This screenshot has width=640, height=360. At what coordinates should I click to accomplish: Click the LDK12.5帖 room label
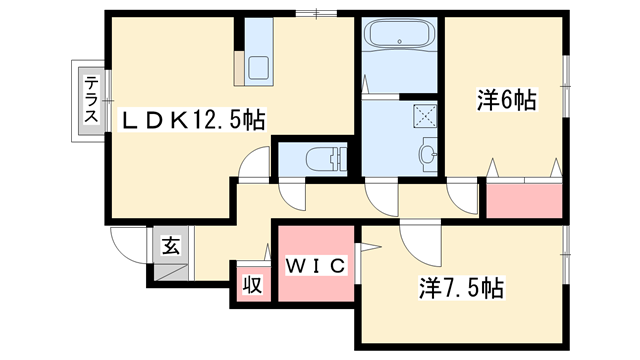[x=193, y=121]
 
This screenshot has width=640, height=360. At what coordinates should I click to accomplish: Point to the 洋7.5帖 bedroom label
[x=460, y=290]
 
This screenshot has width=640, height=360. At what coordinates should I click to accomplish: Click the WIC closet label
[x=316, y=265]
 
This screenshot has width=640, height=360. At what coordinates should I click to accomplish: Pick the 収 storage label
[x=252, y=284]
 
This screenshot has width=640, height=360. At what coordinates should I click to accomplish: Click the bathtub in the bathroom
[x=398, y=40]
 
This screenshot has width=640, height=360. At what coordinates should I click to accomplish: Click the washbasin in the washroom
[x=428, y=154]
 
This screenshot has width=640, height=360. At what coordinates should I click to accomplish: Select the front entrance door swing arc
[x=127, y=245]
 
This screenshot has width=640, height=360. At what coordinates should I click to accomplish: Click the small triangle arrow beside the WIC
[x=367, y=247]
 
